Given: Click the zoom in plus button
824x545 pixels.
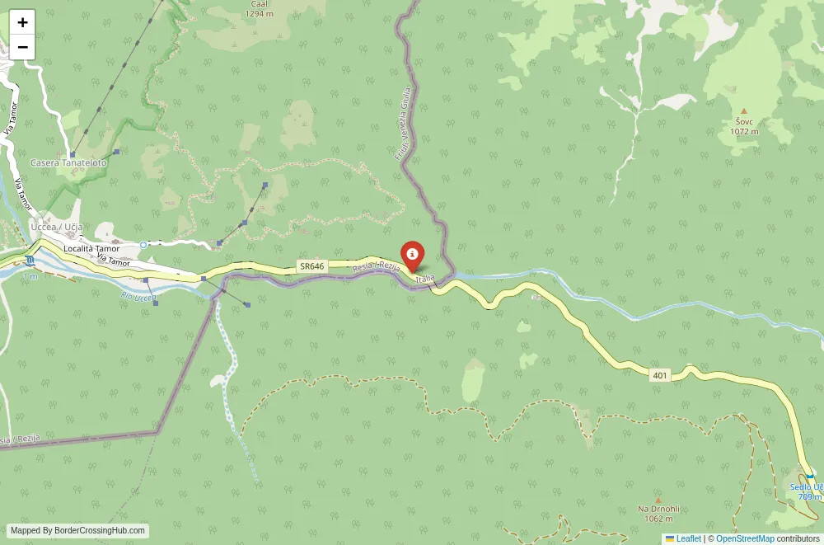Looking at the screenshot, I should (x=22, y=22).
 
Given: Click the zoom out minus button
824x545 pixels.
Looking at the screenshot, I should (x=22, y=47).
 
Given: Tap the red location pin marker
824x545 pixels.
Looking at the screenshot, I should (x=411, y=255).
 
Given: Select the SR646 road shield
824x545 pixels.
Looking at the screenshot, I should (x=311, y=266).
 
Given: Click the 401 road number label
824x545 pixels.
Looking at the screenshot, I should (x=659, y=375).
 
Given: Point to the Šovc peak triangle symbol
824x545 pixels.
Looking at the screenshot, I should (x=743, y=110).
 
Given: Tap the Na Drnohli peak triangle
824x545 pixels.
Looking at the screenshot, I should (x=658, y=500).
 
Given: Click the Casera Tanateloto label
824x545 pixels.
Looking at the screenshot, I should (x=68, y=163).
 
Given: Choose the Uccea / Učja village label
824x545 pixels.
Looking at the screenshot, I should (x=56, y=227).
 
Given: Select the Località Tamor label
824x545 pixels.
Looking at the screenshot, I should (x=91, y=248).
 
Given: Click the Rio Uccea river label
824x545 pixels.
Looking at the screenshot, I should (x=138, y=295).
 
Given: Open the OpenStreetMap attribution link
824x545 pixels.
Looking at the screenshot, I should (x=745, y=538).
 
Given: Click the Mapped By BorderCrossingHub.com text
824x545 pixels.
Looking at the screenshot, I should (x=78, y=531).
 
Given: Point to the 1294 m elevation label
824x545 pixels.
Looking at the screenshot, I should (x=259, y=14).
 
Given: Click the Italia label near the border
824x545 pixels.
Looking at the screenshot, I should (x=425, y=280).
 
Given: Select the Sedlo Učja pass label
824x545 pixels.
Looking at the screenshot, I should (x=807, y=486).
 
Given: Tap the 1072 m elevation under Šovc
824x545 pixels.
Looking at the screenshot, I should (x=744, y=131).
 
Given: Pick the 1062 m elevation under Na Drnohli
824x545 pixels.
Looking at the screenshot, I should (x=658, y=519).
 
